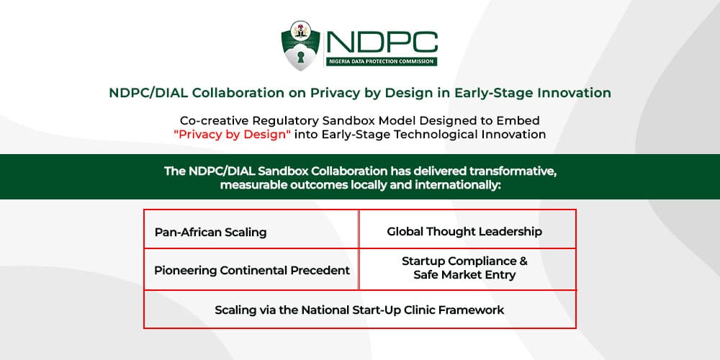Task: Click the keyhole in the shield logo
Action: coord(301,58)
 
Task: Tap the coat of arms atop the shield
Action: coord(301,30)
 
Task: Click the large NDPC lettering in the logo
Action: coord(382,42)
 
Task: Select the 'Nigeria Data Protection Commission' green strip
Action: coord(381,61)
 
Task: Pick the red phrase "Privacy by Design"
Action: coord(233,135)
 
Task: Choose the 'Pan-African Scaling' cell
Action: coord(251,229)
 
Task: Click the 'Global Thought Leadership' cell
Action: coord(467,229)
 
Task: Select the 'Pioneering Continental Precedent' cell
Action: coord(251,269)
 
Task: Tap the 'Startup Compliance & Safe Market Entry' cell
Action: coord(467,269)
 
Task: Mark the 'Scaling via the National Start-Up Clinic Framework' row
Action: coord(360,309)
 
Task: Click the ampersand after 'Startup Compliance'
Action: coord(523,261)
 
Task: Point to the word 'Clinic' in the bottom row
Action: coord(420,310)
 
